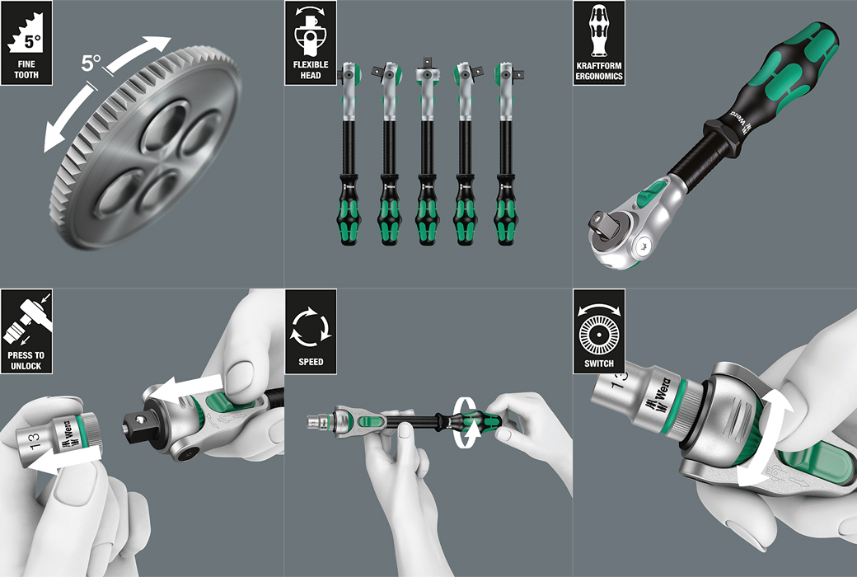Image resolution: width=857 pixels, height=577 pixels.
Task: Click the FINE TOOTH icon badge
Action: [x=26, y=43]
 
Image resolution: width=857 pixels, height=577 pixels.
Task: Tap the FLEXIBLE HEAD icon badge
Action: [x=311, y=43]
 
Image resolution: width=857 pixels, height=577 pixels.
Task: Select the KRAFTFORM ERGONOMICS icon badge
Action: [x=599, y=43]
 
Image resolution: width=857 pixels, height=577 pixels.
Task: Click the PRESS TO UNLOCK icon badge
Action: [x=26, y=331]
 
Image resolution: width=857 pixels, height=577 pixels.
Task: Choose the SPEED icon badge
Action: [x=311, y=331]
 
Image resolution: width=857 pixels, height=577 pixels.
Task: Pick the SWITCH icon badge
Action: [x=599, y=331]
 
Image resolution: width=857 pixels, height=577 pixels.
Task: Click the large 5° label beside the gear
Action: [x=91, y=63]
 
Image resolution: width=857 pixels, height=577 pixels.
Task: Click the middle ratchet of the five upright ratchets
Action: [x=427, y=150]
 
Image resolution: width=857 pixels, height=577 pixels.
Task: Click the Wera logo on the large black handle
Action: [x=738, y=122]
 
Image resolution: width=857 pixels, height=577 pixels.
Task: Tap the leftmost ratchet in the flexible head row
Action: [x=349, y=153]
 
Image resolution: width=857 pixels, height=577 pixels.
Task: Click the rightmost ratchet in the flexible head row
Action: [x=506, y=153]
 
